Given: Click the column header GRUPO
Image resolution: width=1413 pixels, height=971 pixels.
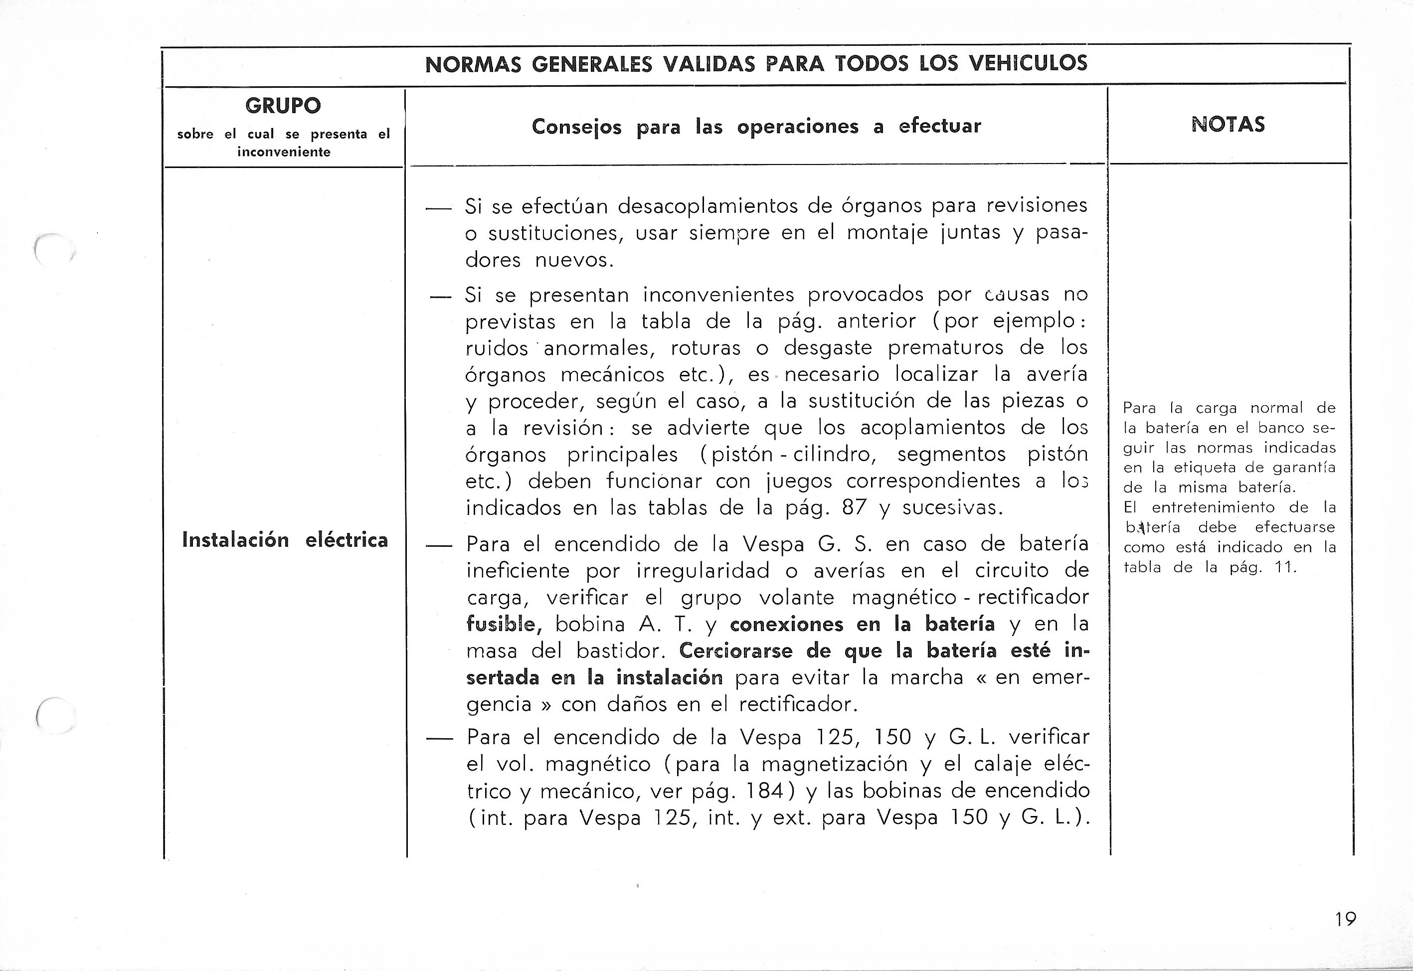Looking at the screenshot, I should (x=283, y=106).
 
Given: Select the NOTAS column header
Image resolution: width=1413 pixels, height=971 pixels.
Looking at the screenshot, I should (x=1228, y=125).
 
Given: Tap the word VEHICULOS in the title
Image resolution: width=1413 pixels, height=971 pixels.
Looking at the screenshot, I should (x=1027, y=64).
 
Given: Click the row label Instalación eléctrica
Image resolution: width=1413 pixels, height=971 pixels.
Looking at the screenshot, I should (x=285, y=540).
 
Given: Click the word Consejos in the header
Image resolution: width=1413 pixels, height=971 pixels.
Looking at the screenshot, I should (x=576, y=127).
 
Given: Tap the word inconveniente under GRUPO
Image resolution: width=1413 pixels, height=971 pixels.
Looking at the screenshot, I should (x=284, y=152).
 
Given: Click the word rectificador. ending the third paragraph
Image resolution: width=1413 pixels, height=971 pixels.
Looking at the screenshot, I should (x=798, y=704).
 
